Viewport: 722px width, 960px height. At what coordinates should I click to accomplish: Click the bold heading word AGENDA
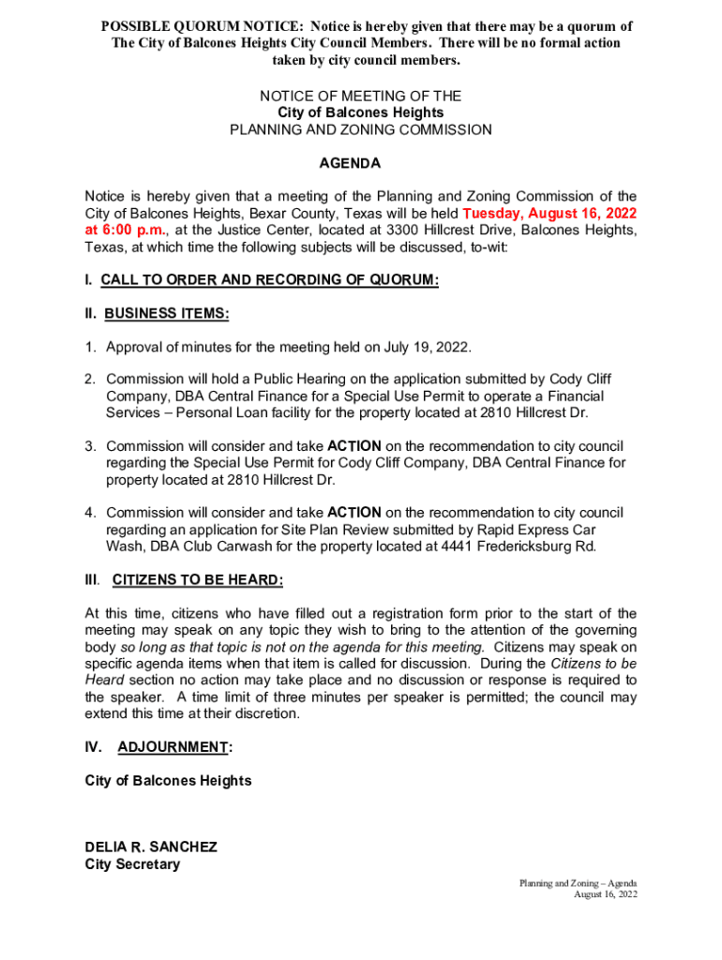click(x=350, y=163)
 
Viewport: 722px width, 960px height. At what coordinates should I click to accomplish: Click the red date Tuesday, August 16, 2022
click(x=549, y=213)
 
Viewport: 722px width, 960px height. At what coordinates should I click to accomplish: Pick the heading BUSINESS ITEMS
click(x=167, y=314)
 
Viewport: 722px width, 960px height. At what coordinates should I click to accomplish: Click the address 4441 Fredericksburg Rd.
click(x=519, y=547)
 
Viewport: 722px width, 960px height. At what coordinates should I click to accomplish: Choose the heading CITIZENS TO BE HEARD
click(x=197, y=580)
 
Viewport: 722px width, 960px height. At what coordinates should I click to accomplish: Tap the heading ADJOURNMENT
click(x=173, y=747)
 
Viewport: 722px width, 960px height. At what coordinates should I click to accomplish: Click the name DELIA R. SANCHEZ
click(x=151, y=847)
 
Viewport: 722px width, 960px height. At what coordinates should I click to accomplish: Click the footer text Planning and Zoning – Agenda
click(x=579, y=883)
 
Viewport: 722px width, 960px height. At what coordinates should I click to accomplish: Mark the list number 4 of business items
click(x=90, y=513)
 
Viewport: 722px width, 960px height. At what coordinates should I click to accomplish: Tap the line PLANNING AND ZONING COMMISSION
click(x=361, y=129)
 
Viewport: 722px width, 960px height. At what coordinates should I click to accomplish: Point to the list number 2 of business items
click(x=90, y=379)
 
